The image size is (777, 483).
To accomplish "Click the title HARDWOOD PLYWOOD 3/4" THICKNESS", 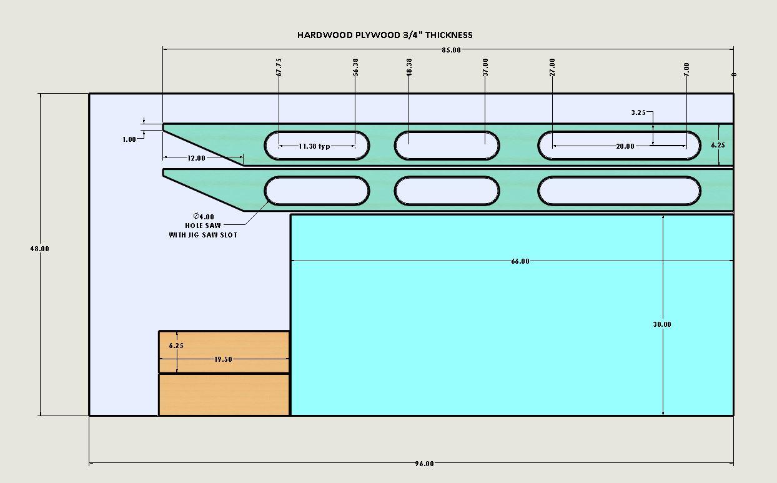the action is (x=385, y=35).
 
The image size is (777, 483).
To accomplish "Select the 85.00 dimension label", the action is (x=452, y=50).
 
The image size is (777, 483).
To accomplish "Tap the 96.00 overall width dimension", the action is (x=425, y=464).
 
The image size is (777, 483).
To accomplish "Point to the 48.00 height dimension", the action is (x=39, y=249).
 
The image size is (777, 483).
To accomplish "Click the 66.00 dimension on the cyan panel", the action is (x=520, y=261).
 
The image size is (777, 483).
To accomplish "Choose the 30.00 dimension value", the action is (x=662, y=324).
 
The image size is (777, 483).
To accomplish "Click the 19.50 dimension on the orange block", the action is (x=223, y=359).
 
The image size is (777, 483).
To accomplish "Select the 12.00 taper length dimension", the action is (x=196, y=158).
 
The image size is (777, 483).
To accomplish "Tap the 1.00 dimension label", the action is (x=129, y=139).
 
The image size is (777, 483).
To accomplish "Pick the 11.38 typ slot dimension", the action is (x=314, y=146).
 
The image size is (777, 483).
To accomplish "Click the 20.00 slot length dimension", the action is (x=625, y=146).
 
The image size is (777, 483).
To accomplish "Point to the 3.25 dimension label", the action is (x=638, y=112).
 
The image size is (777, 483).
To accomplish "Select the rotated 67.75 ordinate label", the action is (x=279, y=67).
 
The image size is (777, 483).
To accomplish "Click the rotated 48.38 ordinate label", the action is (x=409, y=67).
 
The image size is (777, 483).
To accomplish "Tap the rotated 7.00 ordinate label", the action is (x=686, y=69).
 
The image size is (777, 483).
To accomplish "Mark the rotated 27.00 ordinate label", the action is (x=552, y=67).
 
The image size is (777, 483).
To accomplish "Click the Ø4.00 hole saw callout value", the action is (x=204, y=217).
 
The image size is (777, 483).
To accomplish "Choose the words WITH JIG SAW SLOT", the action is (x=203, y=235).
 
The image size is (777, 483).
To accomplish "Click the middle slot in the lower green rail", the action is (x=447, y=191).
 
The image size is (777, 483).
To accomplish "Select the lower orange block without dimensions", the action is (x=224, y=394).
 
